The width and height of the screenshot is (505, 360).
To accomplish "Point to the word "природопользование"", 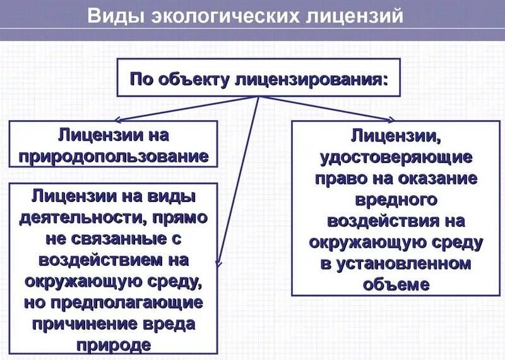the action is pos(114,155).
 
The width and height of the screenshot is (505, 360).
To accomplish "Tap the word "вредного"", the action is pos(396,200).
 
